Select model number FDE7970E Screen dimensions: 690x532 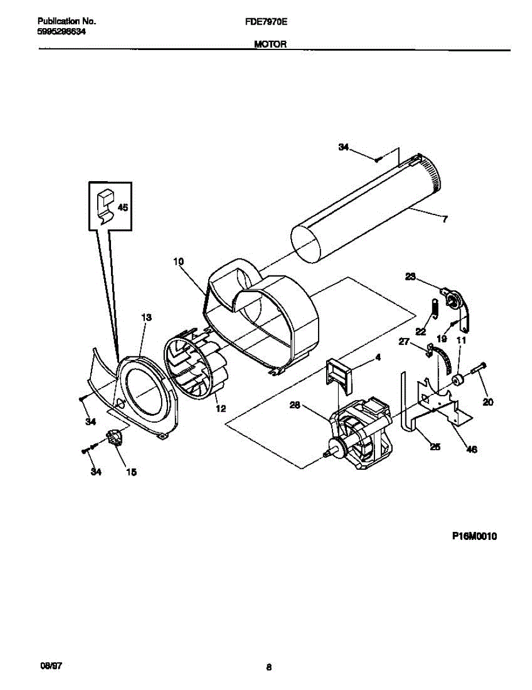[x=266, y=21]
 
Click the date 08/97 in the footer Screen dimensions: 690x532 [x=51, y=665]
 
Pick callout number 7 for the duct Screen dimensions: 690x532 [x=445, y=218]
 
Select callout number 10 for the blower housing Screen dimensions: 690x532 [x=178, y=262]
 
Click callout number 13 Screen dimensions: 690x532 [x=146, y=317]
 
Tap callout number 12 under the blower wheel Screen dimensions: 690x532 [x=221, y=409]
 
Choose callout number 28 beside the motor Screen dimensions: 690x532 [x=295, y=406]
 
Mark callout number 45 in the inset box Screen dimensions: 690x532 [x=123, y=208]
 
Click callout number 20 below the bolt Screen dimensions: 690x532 [x=488, y=402]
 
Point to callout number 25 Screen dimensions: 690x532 [x=435, y=447]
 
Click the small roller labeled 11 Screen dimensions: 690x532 [x=458, y=379]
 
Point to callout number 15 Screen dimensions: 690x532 [x=131, y=473]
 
